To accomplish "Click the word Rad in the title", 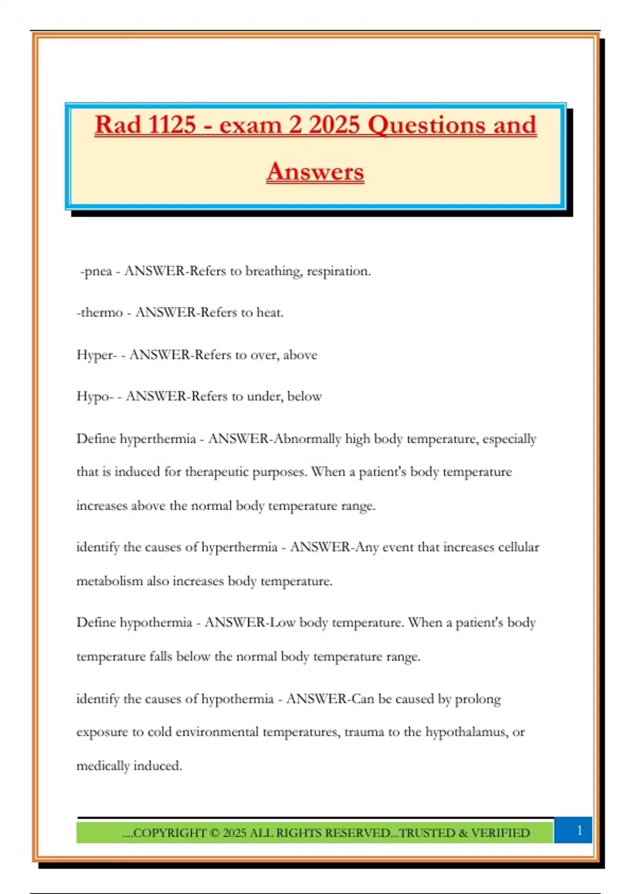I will (x=118, y=125).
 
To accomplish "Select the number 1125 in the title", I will (x=172, y=125).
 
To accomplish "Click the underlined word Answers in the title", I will (x=315, y=171).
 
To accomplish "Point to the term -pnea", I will (x=96, y=271).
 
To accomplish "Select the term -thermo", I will (x=99, y=312).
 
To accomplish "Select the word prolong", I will (x=477, y=699).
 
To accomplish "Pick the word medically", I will (x=103, y=766).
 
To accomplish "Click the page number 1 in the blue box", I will (x=579, y=830).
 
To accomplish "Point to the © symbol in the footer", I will (x=214, y=833).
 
